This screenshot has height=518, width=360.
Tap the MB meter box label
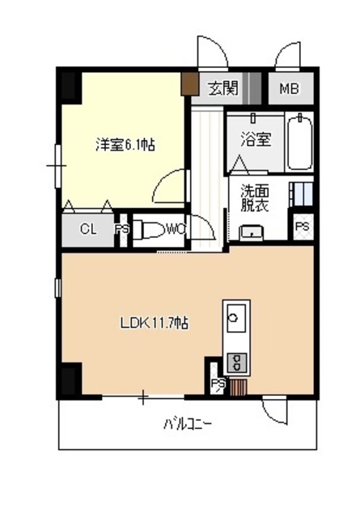coord(289,88)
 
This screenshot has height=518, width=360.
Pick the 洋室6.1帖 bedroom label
coord(125,146)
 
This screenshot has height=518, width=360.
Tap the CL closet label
coord(88,229)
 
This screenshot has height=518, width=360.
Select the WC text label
coord(176,229)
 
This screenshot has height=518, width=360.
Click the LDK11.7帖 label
coord(155,323)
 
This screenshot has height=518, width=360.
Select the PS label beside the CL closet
coord(122,229)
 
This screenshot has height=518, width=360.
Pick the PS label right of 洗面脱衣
coord(302,227)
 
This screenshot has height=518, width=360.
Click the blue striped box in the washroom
coord(301,195)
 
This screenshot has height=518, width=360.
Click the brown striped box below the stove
coord(238,385)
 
